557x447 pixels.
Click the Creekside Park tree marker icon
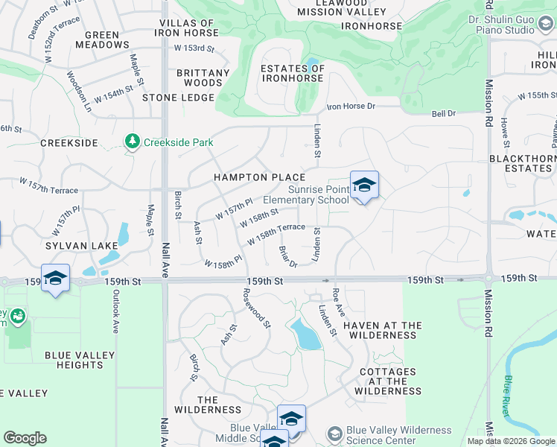coord(133,142)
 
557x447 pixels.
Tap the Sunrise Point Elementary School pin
coord(364,186)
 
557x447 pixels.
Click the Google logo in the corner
coord(25,438)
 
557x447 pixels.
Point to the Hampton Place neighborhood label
coord(259,177)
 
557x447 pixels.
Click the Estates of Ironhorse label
coord(293,74)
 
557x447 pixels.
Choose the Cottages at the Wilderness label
coord(387,381)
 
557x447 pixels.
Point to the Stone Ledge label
coord(173,98)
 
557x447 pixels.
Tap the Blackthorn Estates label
coord(521,163)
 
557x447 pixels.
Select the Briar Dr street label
coord(287,256)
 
